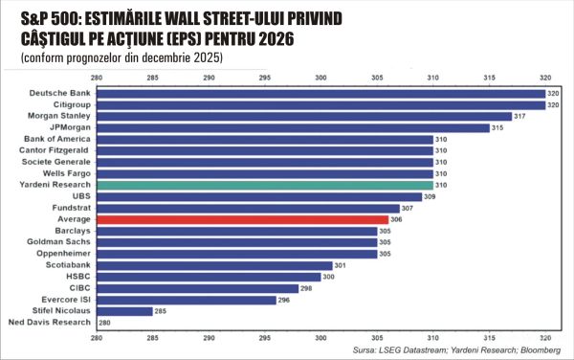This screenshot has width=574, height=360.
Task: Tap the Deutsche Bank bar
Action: (320, 93)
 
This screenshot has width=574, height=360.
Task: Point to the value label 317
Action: (520, 116)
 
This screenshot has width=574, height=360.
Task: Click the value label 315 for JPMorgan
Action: (497, 127)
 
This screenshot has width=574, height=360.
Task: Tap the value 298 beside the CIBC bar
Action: (307, 288)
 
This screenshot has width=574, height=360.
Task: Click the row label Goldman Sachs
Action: (60, 242)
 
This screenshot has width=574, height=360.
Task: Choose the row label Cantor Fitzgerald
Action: (55, 150)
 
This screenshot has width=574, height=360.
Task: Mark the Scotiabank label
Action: (66, 265)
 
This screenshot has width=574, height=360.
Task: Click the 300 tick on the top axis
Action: (320, 78)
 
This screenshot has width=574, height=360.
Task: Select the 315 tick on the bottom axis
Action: (489, 338)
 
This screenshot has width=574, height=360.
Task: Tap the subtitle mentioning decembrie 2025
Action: (121, 56)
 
